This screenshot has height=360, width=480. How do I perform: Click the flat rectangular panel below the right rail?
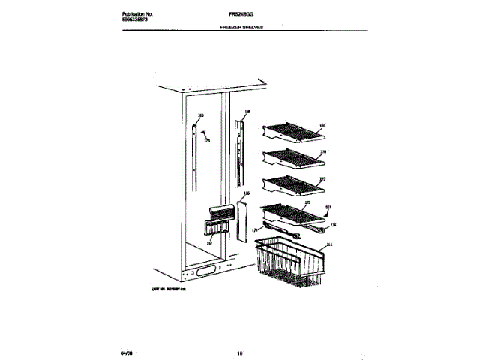(x=242, y=218)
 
